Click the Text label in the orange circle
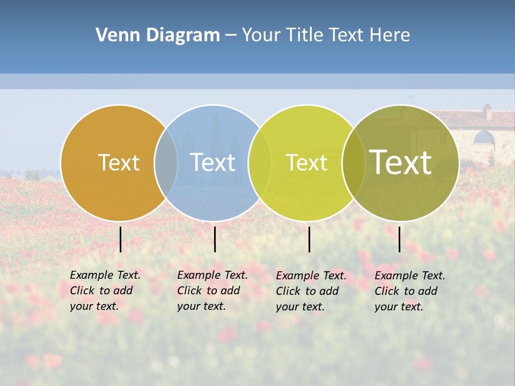click(x=119, y=162)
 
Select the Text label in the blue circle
click(x=213, y=162)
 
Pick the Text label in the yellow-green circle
click(x=306, y=162)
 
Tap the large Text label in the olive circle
click(x=401, y=162)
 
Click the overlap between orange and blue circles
click(x=166, y=162)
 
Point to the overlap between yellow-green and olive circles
click(x=354, y=162)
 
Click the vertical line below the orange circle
click(x=120, y=239)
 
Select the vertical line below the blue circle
click(x=215, y=239)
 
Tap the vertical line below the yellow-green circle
click(x=309, y=239)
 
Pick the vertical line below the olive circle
click(x=399, y=239)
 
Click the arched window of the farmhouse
click(x=484, y=138)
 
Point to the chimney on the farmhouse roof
click(x=487, y=112)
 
